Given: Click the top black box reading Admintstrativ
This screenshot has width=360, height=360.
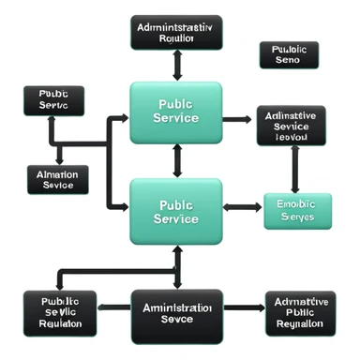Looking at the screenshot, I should [177, 33].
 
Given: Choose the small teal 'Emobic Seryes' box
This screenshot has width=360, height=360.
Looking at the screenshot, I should [297, 211].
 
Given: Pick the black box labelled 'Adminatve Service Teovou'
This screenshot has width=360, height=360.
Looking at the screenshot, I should [292, 125].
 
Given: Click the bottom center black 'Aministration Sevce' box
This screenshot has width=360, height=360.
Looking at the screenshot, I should [176, 312].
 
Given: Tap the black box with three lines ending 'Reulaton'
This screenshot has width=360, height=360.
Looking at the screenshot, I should [59, 312].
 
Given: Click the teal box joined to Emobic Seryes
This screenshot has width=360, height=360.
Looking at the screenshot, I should [176, 212].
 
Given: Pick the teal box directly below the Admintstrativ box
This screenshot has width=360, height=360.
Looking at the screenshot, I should [176, 112].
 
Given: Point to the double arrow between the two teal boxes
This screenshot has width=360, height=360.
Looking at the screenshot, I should [176, 161].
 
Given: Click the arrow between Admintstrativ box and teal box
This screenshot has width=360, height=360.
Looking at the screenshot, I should [176, 66].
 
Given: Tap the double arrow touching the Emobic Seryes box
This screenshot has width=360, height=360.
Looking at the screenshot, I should [241, 205].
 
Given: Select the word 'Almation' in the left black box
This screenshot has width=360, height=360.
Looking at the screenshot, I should [57, 172].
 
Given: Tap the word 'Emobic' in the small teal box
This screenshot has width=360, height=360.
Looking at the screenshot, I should [297, 203].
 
